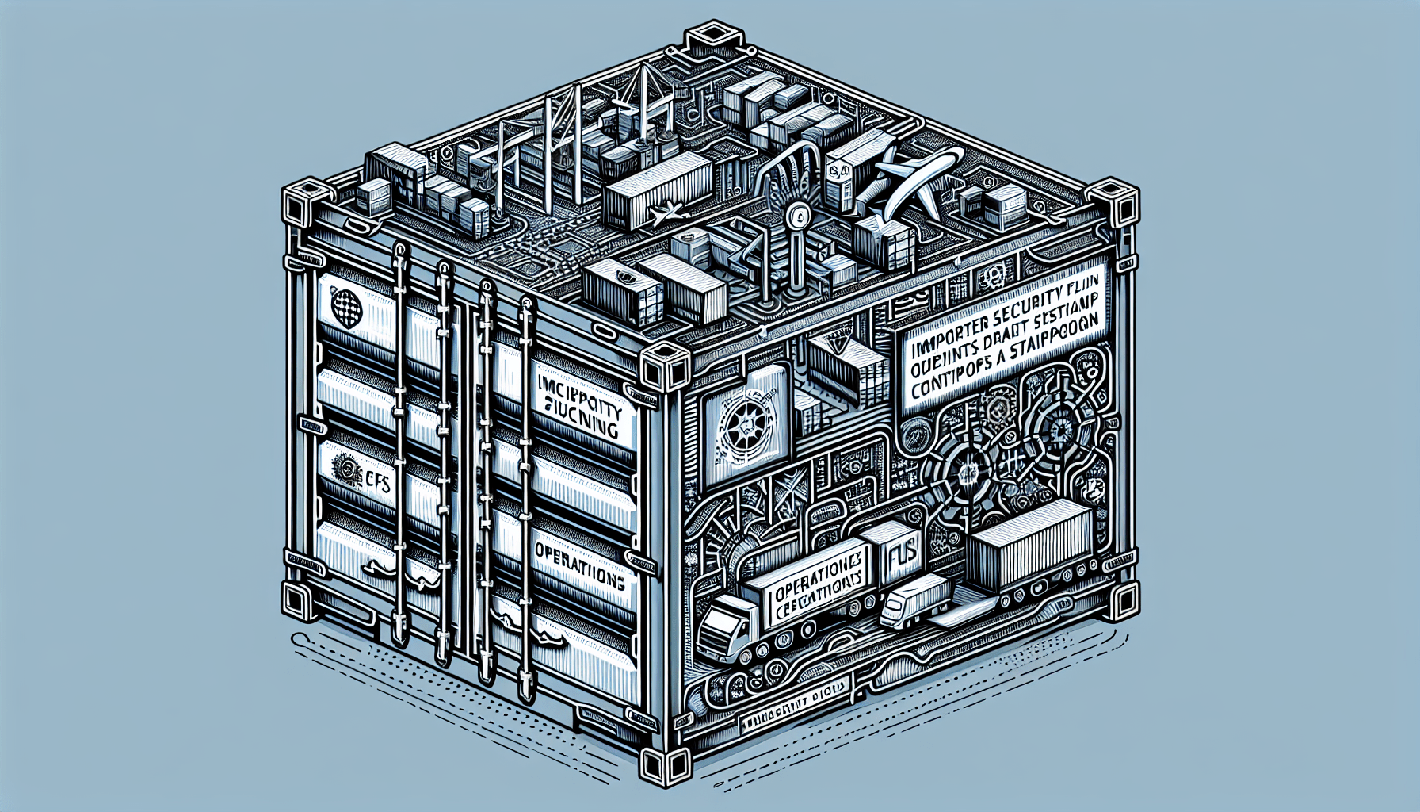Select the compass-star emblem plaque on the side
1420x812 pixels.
click(x=746, y=433)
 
